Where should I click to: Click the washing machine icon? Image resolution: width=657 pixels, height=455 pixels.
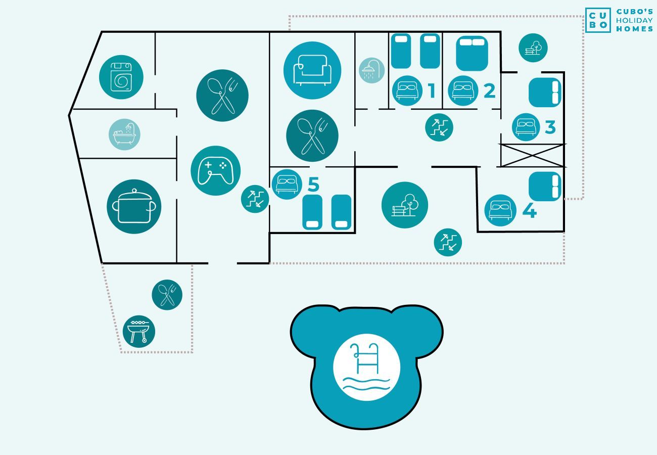click(121, 77)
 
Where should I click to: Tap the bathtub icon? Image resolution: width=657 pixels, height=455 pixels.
click(124, 134)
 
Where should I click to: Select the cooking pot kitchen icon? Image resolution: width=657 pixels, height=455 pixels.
click(134, 207)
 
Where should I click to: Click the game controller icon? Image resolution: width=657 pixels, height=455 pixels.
click(216, 171)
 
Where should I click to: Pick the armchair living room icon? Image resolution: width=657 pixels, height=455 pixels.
click(312, 70)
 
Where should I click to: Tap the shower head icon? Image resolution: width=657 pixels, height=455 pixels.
click(371, 70)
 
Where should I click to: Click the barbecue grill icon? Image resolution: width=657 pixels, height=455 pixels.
click(139, 332)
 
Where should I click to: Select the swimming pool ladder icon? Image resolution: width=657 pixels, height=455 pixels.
click(366, 367)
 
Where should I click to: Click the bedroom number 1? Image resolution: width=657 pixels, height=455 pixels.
click(431, 90)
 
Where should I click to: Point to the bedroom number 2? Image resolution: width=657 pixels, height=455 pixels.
click(489, 90)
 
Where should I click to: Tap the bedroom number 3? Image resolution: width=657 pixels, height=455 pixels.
click(550, 127)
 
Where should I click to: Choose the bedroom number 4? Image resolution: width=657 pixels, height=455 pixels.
click(530, 210)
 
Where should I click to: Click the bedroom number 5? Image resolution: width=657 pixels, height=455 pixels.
click(313, 184)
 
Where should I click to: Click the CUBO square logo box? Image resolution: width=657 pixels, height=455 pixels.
click(598, 20)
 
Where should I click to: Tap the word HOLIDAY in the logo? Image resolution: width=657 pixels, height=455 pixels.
click(634, 20)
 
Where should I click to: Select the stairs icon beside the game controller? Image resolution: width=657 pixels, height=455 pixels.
click(255, 199)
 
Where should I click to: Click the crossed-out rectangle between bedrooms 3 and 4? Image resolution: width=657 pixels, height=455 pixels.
click(532, 156)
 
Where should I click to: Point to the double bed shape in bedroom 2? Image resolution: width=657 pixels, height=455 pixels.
click(472, 54)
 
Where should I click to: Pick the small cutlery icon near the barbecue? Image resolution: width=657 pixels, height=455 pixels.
click(167, 295)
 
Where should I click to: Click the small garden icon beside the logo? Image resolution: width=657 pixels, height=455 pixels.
click(533, 48)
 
